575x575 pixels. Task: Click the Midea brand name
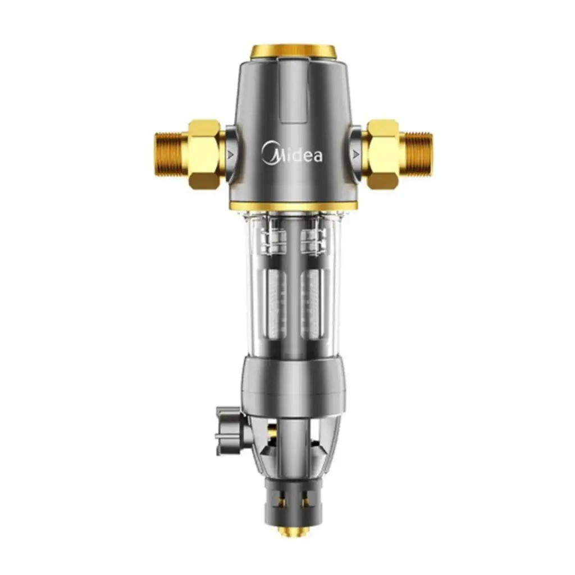292,153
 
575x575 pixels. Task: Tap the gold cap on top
293,52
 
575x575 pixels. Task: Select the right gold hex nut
382,154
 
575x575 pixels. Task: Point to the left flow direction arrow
230,155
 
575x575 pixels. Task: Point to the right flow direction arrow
355,154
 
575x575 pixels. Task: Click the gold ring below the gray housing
293,206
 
